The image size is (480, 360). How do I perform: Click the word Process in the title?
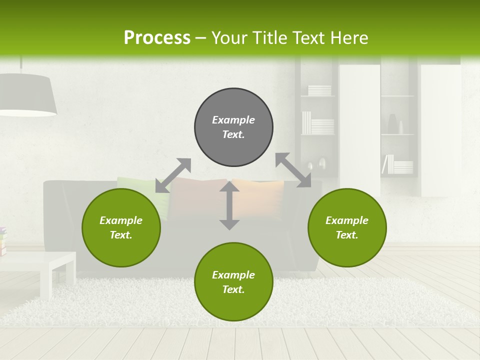click(x=157, y=38)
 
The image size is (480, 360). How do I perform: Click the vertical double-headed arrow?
click(x=229, y=205)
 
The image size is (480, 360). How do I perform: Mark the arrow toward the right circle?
click(x=293, y=170)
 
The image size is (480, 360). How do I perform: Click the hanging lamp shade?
click(x=25, y=95)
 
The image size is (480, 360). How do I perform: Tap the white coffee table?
click(x=37, y=267)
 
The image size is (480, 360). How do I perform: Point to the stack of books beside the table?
click(x=3, y=240)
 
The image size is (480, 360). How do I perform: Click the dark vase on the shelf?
click(x=392, y=124)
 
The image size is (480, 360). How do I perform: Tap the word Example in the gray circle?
click(x=233, y=120)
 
